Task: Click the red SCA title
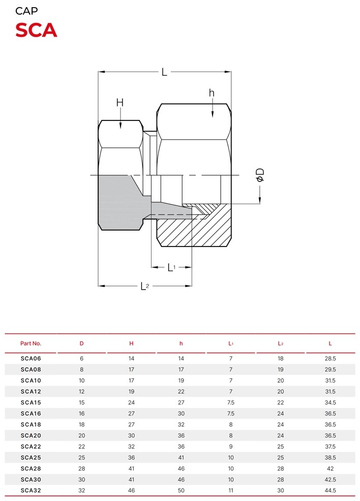tap(36, 30)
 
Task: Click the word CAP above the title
tap(26, 11)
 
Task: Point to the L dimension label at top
tap(164, 72)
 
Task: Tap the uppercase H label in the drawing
tap(120, 103)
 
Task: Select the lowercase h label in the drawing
tap(212, 92)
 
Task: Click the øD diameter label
tap(260, 175)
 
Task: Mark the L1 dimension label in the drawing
tap(172, 267)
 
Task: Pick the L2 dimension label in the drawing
tap(145, 286)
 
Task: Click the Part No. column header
tap(31, 343)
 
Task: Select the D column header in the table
tap(81, 343)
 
